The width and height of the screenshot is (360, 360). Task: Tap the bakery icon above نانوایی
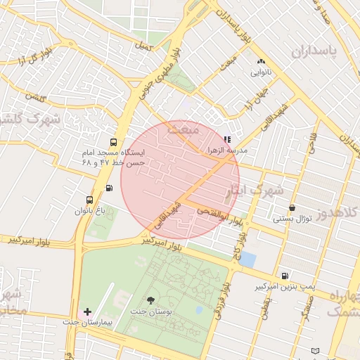coord(262,62)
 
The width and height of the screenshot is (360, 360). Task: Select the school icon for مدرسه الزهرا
coord(226,140)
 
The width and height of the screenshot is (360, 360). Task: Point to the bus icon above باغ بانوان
coord(89,199)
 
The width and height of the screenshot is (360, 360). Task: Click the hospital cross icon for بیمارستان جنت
coord(87,311)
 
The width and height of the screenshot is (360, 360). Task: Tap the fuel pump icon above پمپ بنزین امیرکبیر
coord(284,276)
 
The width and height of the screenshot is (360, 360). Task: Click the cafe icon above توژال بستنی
coord(292,207)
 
